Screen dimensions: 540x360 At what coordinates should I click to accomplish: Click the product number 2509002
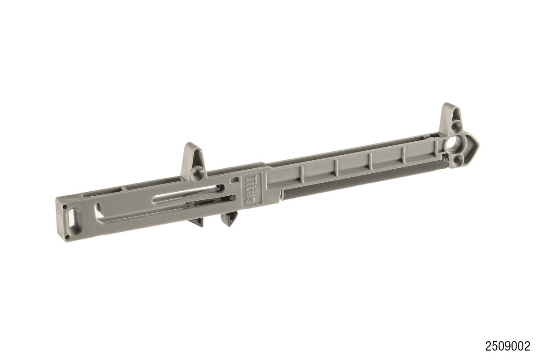[x=508, y=346]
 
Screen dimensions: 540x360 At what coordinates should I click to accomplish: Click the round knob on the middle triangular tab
[x=197, y=173]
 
